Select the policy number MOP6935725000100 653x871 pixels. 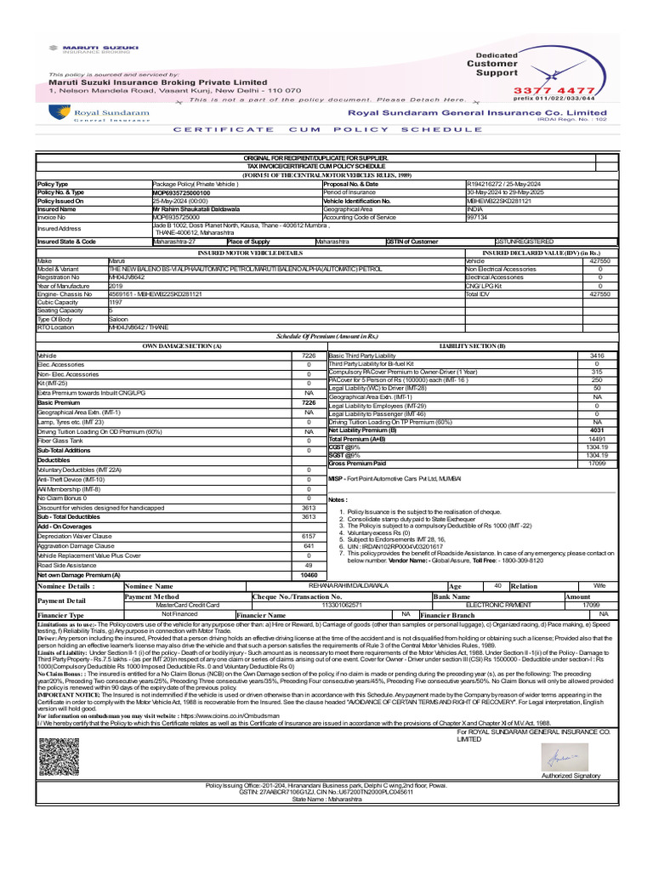coord(181,193)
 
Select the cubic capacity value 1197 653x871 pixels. coord(116,301)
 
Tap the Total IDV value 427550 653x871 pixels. coord(599,293)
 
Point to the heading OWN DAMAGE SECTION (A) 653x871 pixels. coord(169,346)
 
